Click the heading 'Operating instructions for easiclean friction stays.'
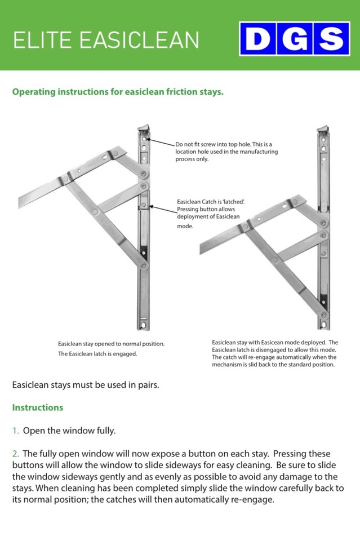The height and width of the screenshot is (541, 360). tap(118, 91)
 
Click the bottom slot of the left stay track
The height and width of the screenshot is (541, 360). tap(143, 324)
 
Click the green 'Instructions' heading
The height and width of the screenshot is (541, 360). tap(38, 407)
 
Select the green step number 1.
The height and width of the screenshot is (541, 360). tap(15, 431)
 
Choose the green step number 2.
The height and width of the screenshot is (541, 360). tap(15, 454)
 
